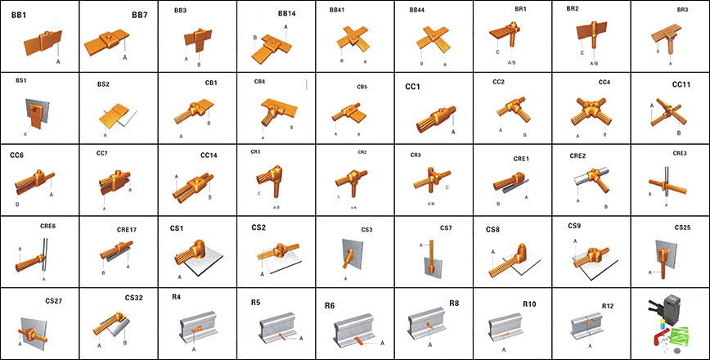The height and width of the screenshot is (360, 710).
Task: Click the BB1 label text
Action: (x=18, y=15)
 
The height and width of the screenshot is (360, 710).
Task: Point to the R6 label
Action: (x=330, y=305)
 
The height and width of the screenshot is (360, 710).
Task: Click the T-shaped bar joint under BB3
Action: (x=196, y=39)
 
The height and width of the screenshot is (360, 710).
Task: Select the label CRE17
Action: (x=127, y=230)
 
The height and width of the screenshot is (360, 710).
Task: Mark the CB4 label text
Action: (x=260, y=82)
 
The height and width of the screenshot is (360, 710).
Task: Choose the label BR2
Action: (x=573, y=9)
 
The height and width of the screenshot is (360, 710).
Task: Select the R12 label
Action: (x=607, y=305)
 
